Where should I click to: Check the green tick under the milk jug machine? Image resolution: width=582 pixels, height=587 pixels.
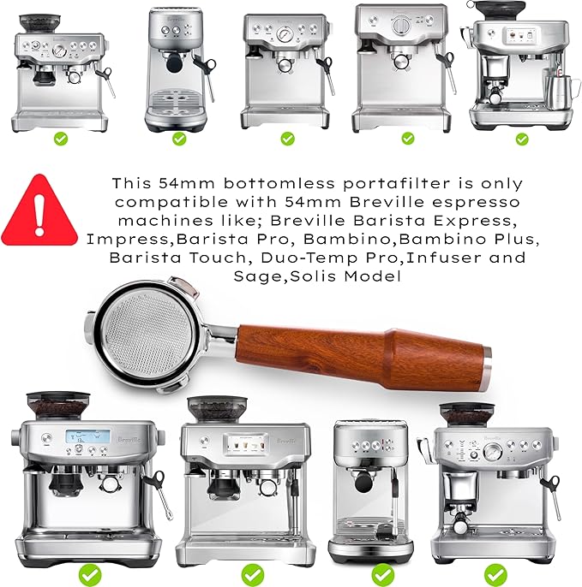click(x=522, y=138)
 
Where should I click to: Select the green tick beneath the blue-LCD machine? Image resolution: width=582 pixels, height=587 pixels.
click(x=88, y=572)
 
